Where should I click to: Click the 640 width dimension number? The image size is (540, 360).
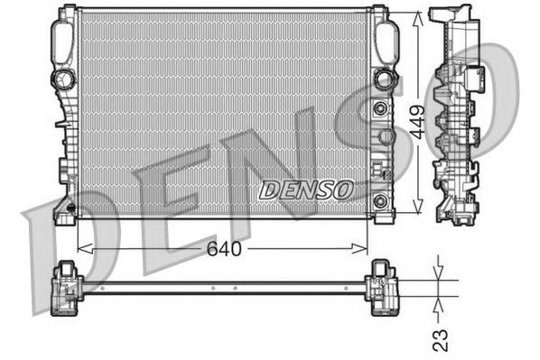(223, 247)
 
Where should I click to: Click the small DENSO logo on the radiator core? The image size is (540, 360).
(307, 189)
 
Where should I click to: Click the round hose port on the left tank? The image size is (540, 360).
(64, 78)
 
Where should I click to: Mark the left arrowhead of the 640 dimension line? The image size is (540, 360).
(82, 247)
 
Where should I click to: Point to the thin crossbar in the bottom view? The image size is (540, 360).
(226, 287)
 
